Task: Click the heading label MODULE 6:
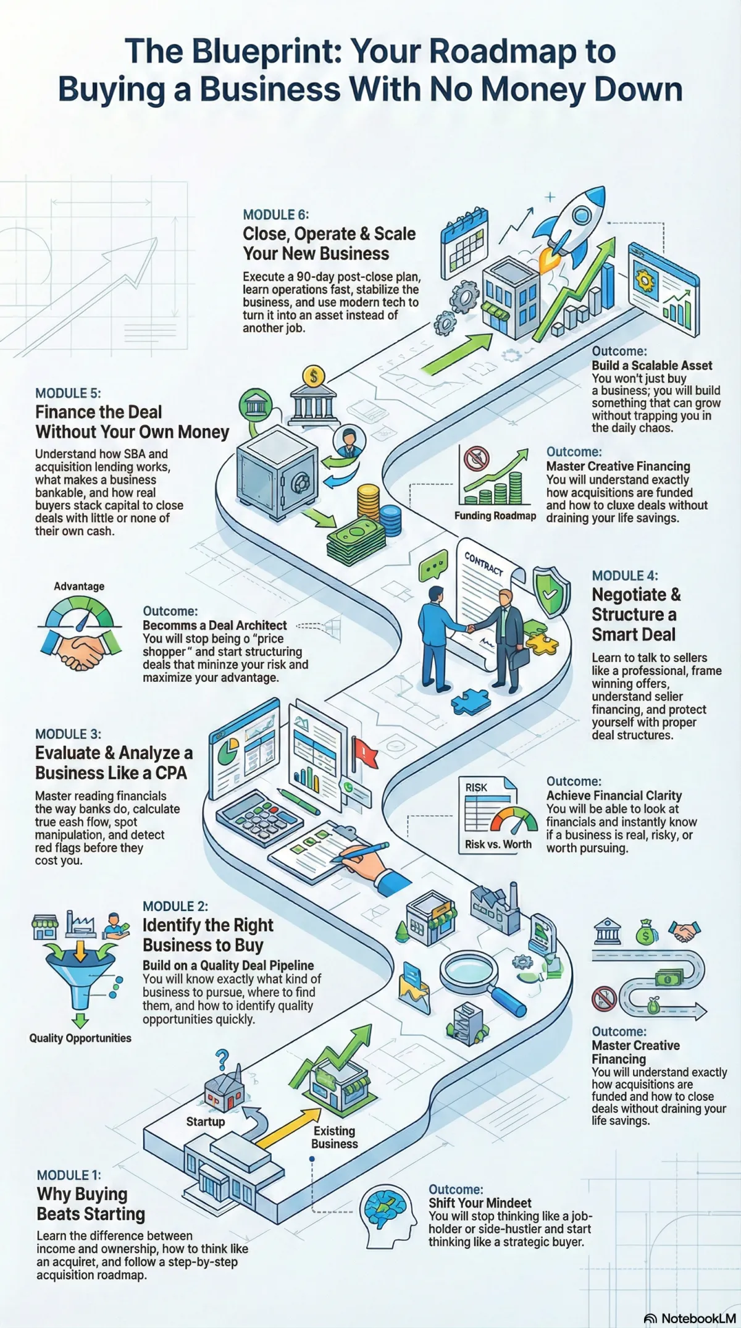[x=275, y=215]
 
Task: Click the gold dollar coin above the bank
[x=314, y=376]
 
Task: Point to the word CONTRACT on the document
[x=484, y=563]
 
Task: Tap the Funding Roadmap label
[x=495, y=516]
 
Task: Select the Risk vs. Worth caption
[x=498, y=844]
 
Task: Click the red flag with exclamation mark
[x=364, y=752]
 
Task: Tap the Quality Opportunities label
[x=80, y=1038]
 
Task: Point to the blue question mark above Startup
[x=222, y=1059]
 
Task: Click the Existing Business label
[x=334, y=1137]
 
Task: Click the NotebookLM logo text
[x=698, y=1318]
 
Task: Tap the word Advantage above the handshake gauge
[x=79, y=586]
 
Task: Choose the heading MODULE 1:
[x=69, y=1175]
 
